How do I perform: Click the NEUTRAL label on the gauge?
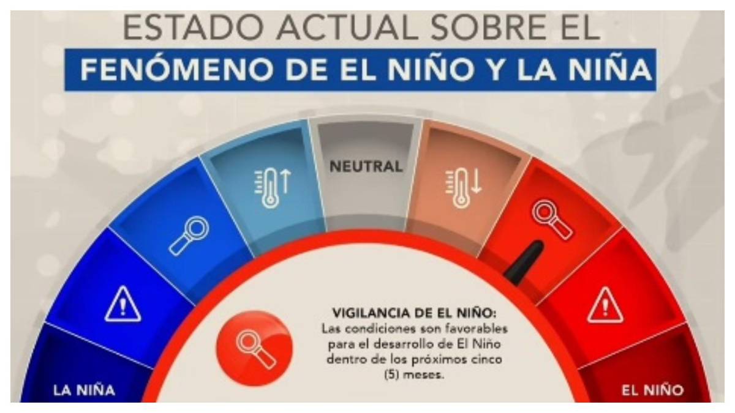(x=366, y=166)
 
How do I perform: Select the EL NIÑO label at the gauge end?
(x=652, y=390)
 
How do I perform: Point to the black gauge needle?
(x=524, y=262)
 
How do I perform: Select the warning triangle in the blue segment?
(x=123, y=305)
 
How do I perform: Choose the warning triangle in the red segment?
(x=605, y=305)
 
